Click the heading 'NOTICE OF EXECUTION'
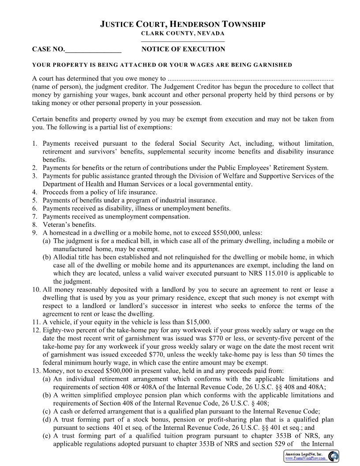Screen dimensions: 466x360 [183, 49]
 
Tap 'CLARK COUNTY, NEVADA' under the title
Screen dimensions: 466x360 [183, 34]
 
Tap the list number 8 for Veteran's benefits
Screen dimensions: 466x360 [34, 225]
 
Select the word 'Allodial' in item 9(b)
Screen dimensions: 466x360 [65, 257]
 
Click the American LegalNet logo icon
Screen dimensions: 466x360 [334, 456]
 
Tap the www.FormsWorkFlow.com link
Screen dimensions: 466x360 [305, 458]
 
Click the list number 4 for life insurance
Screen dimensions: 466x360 [34, 192]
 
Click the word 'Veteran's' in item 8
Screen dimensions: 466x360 [56, 225]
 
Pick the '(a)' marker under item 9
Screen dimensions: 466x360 [46, 241]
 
